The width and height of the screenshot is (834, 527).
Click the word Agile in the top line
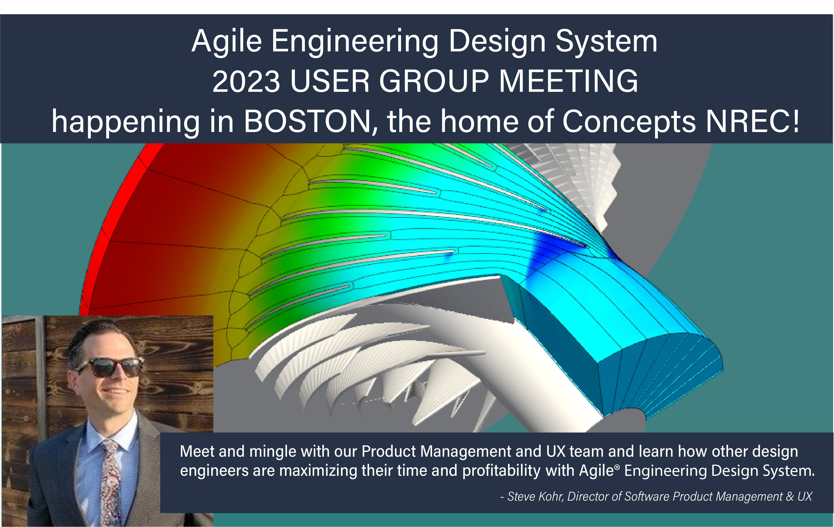point(227,42)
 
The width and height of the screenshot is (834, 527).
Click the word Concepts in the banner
point(629,122)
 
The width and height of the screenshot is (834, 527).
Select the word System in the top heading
point(606,42)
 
